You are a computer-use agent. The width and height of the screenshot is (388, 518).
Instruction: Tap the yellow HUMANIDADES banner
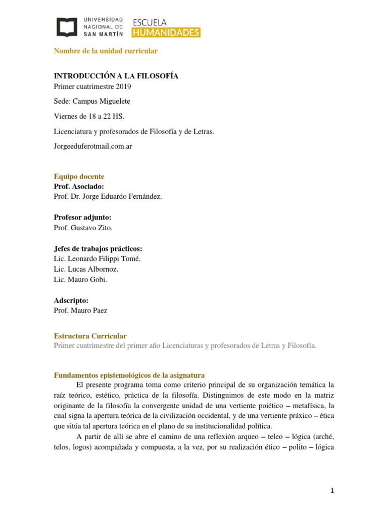point(166,32)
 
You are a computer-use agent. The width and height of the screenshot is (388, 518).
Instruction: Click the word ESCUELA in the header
point(149,22)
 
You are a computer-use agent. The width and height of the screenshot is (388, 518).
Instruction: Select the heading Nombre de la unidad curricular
point(106,51)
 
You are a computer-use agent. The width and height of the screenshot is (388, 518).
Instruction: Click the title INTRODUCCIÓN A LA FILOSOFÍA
point(116,76)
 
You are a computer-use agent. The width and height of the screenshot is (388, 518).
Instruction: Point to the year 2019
point(123,87)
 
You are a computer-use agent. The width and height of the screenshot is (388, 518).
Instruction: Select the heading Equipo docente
point(79,177)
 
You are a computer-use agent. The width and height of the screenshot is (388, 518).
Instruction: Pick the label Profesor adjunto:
point(82,217)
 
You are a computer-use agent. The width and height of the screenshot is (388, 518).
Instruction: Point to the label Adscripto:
point(71,300)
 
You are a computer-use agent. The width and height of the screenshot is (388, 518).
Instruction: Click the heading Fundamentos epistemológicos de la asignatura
point(129,375)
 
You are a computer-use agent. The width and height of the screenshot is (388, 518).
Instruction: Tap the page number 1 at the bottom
point(332,490)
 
